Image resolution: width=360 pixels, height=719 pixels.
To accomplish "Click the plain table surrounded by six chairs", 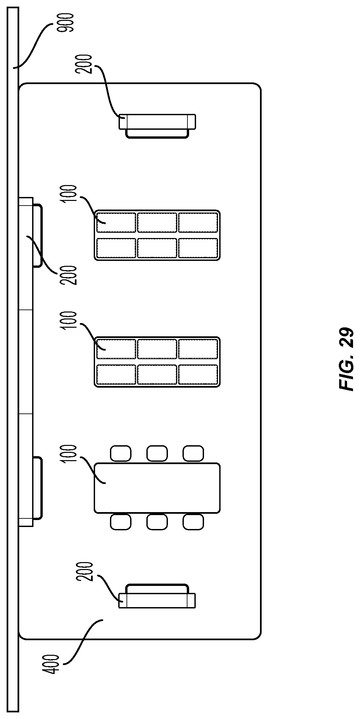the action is tap(157, 488).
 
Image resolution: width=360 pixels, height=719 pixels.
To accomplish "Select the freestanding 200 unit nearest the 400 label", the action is tap(157, 598).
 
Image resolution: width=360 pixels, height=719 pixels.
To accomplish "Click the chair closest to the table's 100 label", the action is tap(121, 453).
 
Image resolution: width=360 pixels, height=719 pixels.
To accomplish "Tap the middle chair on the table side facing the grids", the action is tap(157, 453).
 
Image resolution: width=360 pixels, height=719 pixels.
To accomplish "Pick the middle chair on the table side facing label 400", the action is tap(157, 522).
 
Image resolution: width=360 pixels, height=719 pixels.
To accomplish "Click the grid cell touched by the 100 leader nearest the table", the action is tap(116, 349).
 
